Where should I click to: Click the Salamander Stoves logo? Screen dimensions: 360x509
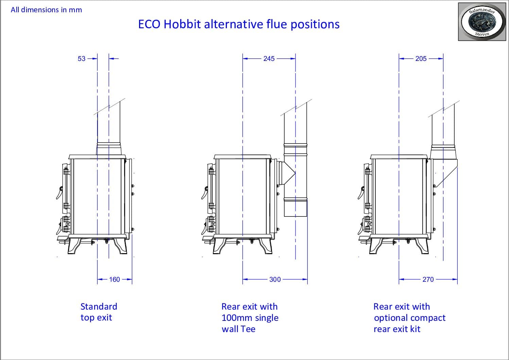click(x=482, y=22)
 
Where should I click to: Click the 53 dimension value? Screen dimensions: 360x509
click(x=82, y=59)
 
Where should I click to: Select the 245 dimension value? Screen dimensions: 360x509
click(x=269, y=59)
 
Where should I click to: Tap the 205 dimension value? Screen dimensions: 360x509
click(x=421, y=59)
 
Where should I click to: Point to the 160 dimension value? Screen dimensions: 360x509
click(x=114, y=279)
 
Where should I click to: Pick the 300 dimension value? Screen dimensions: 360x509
click(x=275, y=279)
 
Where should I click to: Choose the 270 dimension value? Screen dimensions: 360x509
click(x=428, y=279)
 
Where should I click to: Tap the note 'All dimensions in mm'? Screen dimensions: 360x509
click(x=46, y=10)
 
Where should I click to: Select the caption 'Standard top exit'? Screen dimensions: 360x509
click(x=99, y=312)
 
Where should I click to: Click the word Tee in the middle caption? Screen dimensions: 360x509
click(x=248, y=329)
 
